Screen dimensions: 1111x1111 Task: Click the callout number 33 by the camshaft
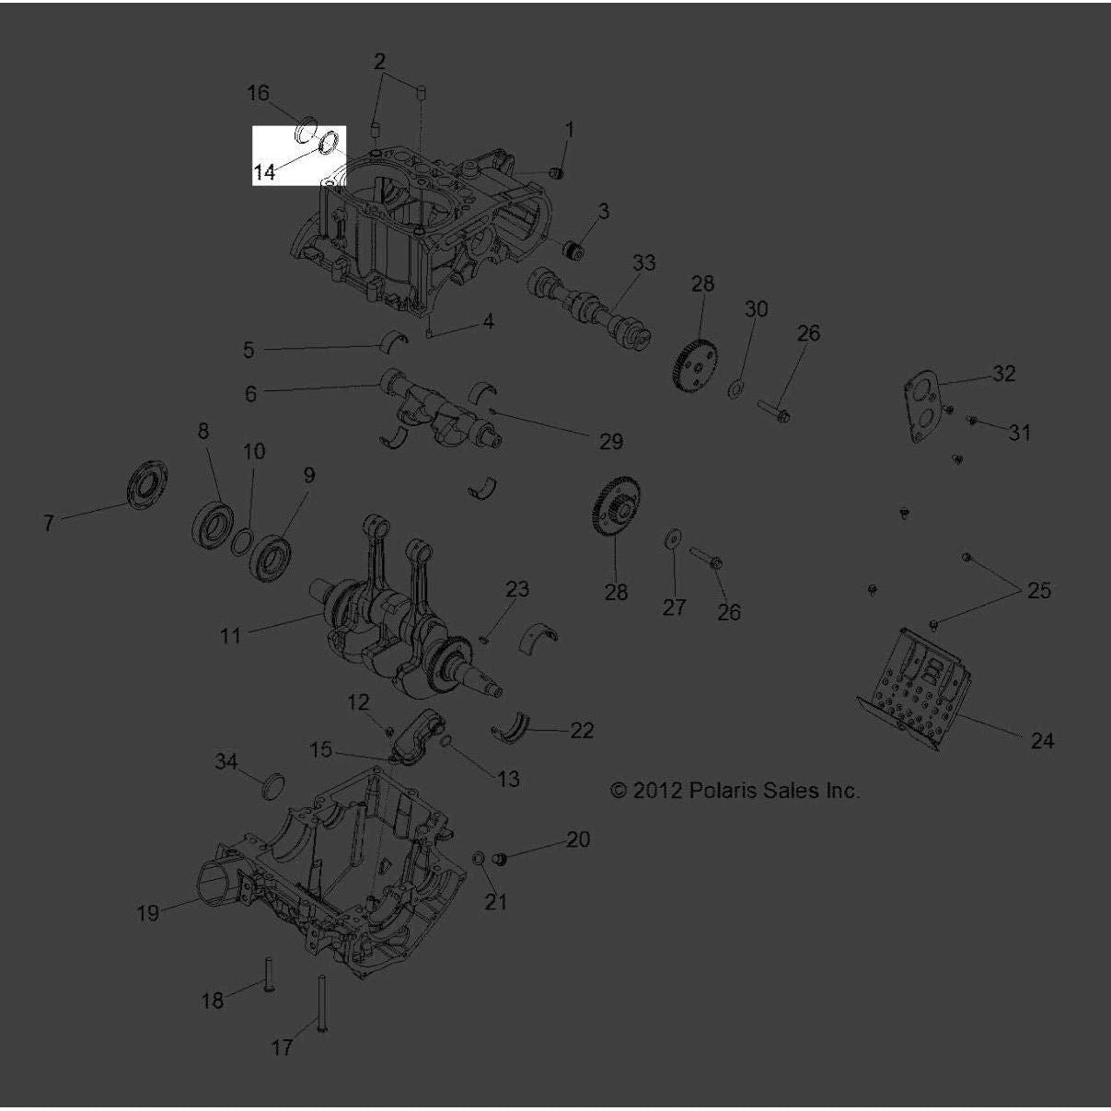(x=643, y=263)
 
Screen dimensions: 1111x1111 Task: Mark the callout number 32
(x=1002, y=374)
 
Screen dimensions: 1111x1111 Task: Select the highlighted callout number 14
(x=264, y=172)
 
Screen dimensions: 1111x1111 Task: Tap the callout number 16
(x=258, y=93)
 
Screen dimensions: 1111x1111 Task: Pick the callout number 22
(x=582, y=731)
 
